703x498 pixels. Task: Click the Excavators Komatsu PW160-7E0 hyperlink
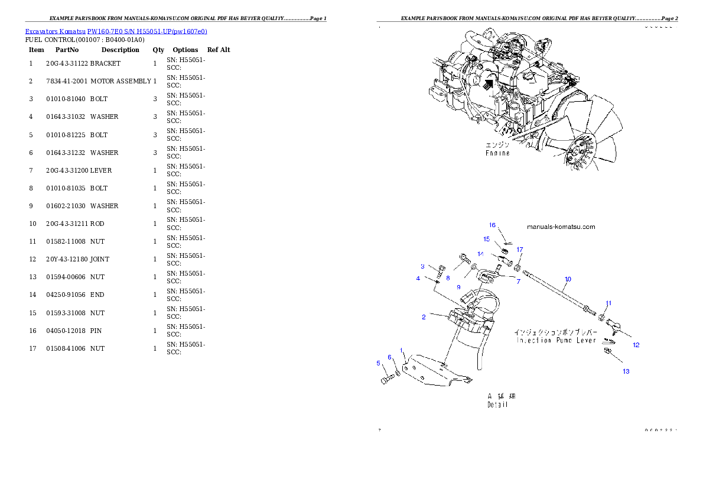click(x=116, y=31)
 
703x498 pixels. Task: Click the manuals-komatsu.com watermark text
click(x=561, y=227)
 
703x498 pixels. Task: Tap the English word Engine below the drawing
click(x=497, y=153)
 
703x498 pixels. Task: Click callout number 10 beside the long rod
click(x=568, y=279)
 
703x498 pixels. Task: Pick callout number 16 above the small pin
click(x=492, y=225)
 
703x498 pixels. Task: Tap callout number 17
click(x=519, y=250)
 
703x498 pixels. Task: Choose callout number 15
click(x=487, y=239)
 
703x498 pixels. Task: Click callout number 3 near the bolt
click(x=422, y=266)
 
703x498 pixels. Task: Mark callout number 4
click(x=418, y=278)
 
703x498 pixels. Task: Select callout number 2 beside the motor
click(x=424, y=317)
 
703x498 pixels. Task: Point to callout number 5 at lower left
click(x=379, y=363)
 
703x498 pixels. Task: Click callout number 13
click(x=626, y=371)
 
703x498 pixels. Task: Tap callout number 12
click(x=636, y=345)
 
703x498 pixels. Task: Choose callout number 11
click(x=608, y=303)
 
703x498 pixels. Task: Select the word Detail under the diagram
click(x=497, y=405)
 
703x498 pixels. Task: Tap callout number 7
click(x=518, y=282)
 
